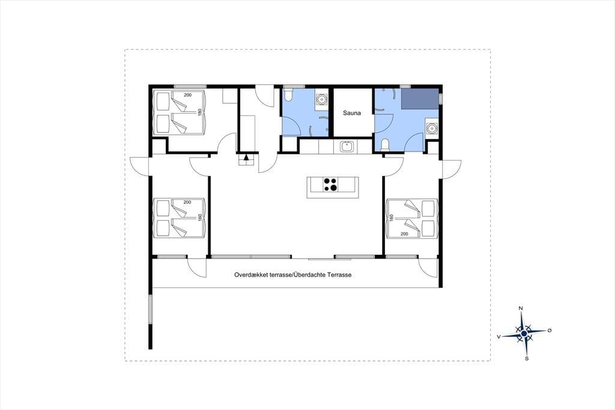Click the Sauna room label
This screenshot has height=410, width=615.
click(352, 113)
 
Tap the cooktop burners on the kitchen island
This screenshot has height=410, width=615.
click(330, 185)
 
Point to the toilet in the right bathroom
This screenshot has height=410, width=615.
click(385, 144)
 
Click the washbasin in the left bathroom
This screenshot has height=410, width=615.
click(322, 99)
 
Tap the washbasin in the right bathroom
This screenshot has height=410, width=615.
click(432, 128)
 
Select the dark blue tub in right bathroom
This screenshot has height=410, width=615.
click(420, 99)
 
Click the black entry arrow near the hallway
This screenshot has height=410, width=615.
click(246, 158)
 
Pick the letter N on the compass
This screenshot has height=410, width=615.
click(521, 308)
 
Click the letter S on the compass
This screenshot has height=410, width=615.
click(527, 358)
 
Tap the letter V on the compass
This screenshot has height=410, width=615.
click(498, 337)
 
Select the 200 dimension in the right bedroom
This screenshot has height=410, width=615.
click(404, 234)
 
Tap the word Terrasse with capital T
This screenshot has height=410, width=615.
click(339, 275)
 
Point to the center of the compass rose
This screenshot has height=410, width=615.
click(524, 334)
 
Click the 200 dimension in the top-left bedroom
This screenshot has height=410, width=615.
click(187, 95)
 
